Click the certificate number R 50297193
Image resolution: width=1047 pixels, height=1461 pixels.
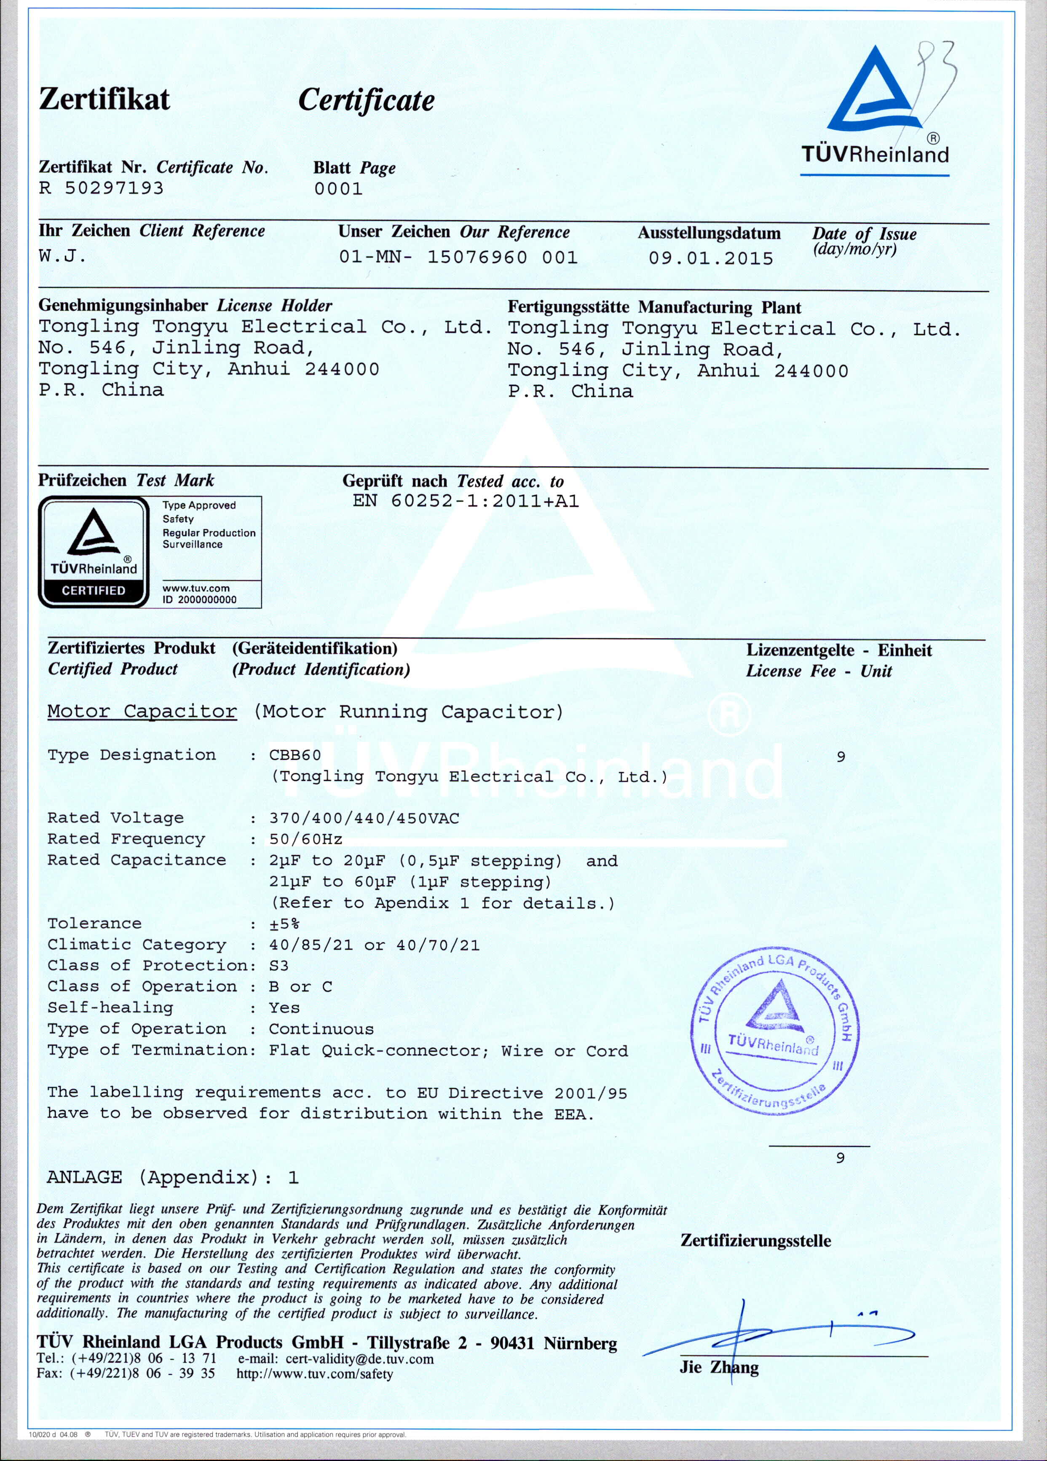coord(101,188)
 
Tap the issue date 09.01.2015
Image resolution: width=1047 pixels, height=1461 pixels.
coord(710,258)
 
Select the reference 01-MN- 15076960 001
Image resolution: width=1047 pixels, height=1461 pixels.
coord(458,257)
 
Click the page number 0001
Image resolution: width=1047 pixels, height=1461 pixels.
coord(338,189)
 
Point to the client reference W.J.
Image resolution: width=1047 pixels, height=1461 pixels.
coord(62,256)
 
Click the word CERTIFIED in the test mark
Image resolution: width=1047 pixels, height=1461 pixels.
coord(94,590)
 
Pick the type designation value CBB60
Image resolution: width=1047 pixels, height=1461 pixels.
coord(295,755)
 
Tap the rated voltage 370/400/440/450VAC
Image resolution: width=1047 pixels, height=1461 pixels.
coord(364,818)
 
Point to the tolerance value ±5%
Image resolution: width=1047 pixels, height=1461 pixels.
coord(284,924)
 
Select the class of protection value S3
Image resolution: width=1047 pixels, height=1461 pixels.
coord(279,966)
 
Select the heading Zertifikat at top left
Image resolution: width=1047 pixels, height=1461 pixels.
coord(104,99)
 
